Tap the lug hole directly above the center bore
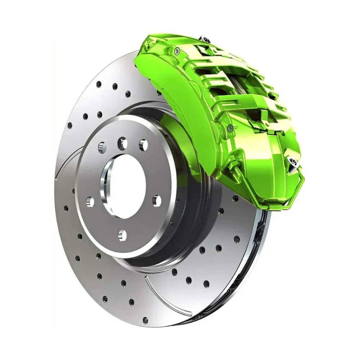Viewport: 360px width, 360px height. click(123, 144)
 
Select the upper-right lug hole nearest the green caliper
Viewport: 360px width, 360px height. click(143, 145)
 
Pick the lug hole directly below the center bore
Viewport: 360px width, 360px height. click(123, 235)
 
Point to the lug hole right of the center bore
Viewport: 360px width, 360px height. click(156, 201)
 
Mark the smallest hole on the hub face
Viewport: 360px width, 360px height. click(102, 146)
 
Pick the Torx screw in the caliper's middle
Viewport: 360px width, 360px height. click(230, 127)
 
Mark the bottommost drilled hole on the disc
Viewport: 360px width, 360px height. click(145, 319)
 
